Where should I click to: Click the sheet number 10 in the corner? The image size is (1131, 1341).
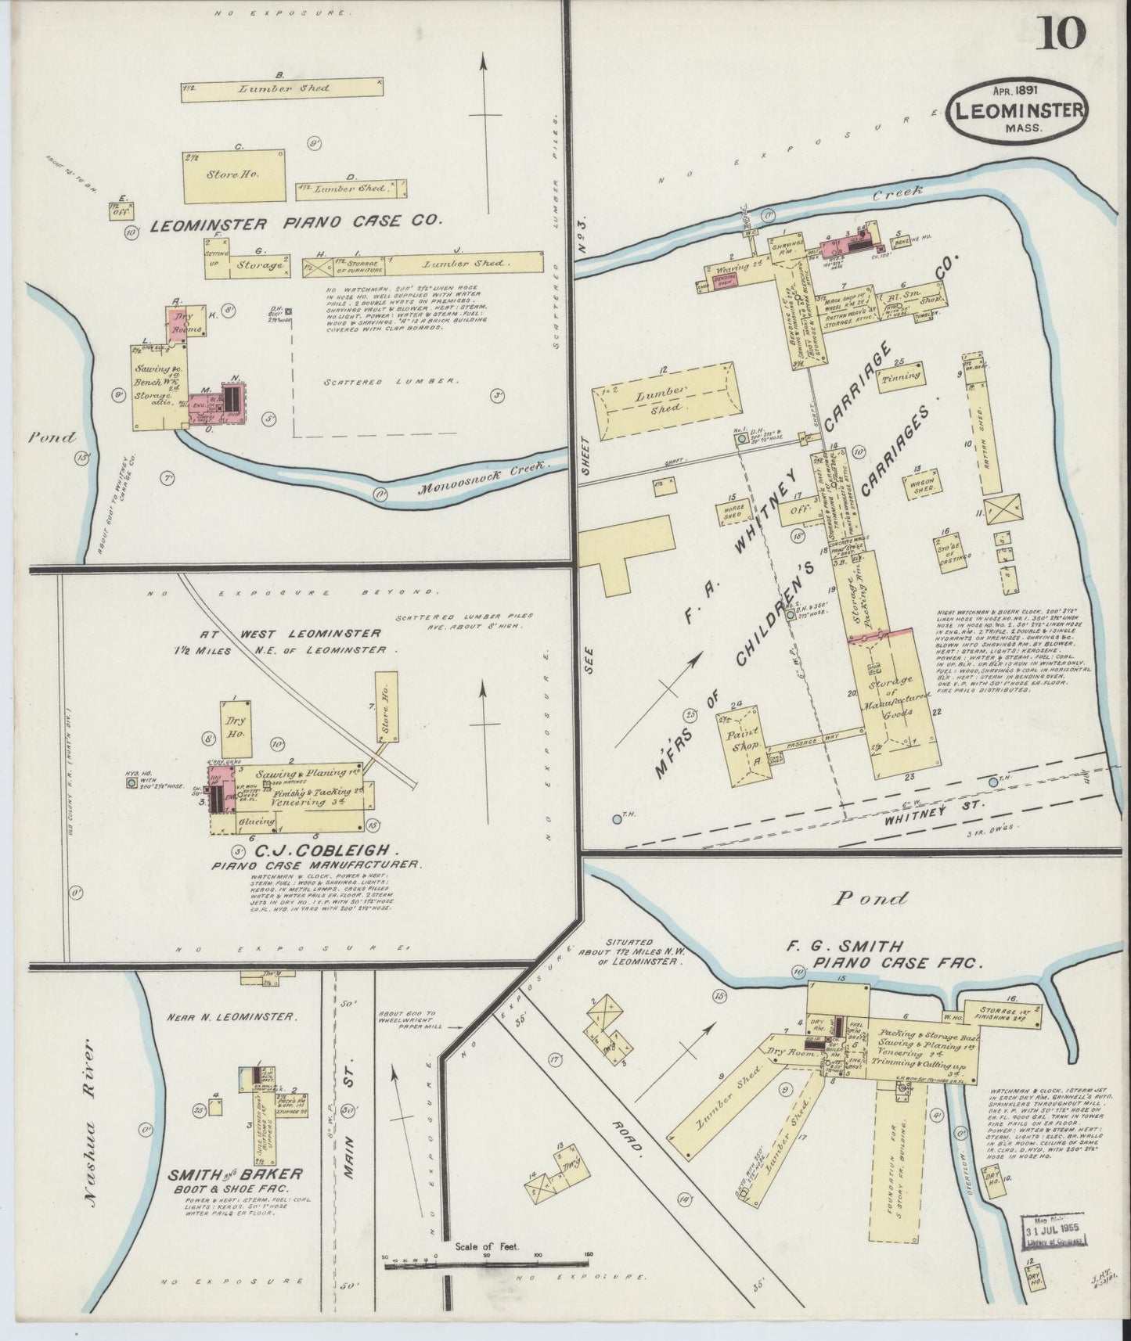click(x=1062, y=33)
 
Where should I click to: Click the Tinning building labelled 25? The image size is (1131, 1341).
click(x=900, y=376)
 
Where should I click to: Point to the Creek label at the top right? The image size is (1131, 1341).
click(x=904, y=190)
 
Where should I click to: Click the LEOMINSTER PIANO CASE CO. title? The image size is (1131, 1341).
click(x=296, y=223)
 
